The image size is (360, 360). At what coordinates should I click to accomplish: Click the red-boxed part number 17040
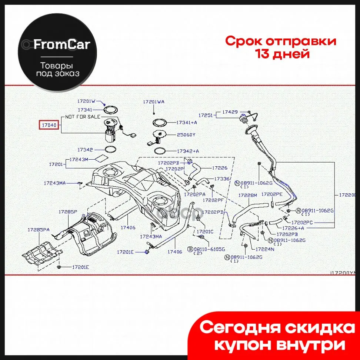click(49, 125)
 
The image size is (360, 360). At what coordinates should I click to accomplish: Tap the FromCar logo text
click(62, 45)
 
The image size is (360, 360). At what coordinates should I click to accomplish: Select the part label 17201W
click(86, 101)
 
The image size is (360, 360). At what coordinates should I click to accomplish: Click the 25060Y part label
click(186, 135)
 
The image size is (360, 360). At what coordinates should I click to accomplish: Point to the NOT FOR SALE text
click(83, 116)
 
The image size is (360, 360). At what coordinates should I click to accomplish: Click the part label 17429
click(230, 111)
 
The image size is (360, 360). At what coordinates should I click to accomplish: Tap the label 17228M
click(247, 195)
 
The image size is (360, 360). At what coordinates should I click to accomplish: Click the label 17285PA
click(38, 230)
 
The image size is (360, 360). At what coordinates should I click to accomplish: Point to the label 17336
click(222, 179)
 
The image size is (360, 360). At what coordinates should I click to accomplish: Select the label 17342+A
click(188, 151)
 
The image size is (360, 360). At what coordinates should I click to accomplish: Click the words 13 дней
click(282, 54)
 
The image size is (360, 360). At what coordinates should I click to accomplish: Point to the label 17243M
click(79, 160)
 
